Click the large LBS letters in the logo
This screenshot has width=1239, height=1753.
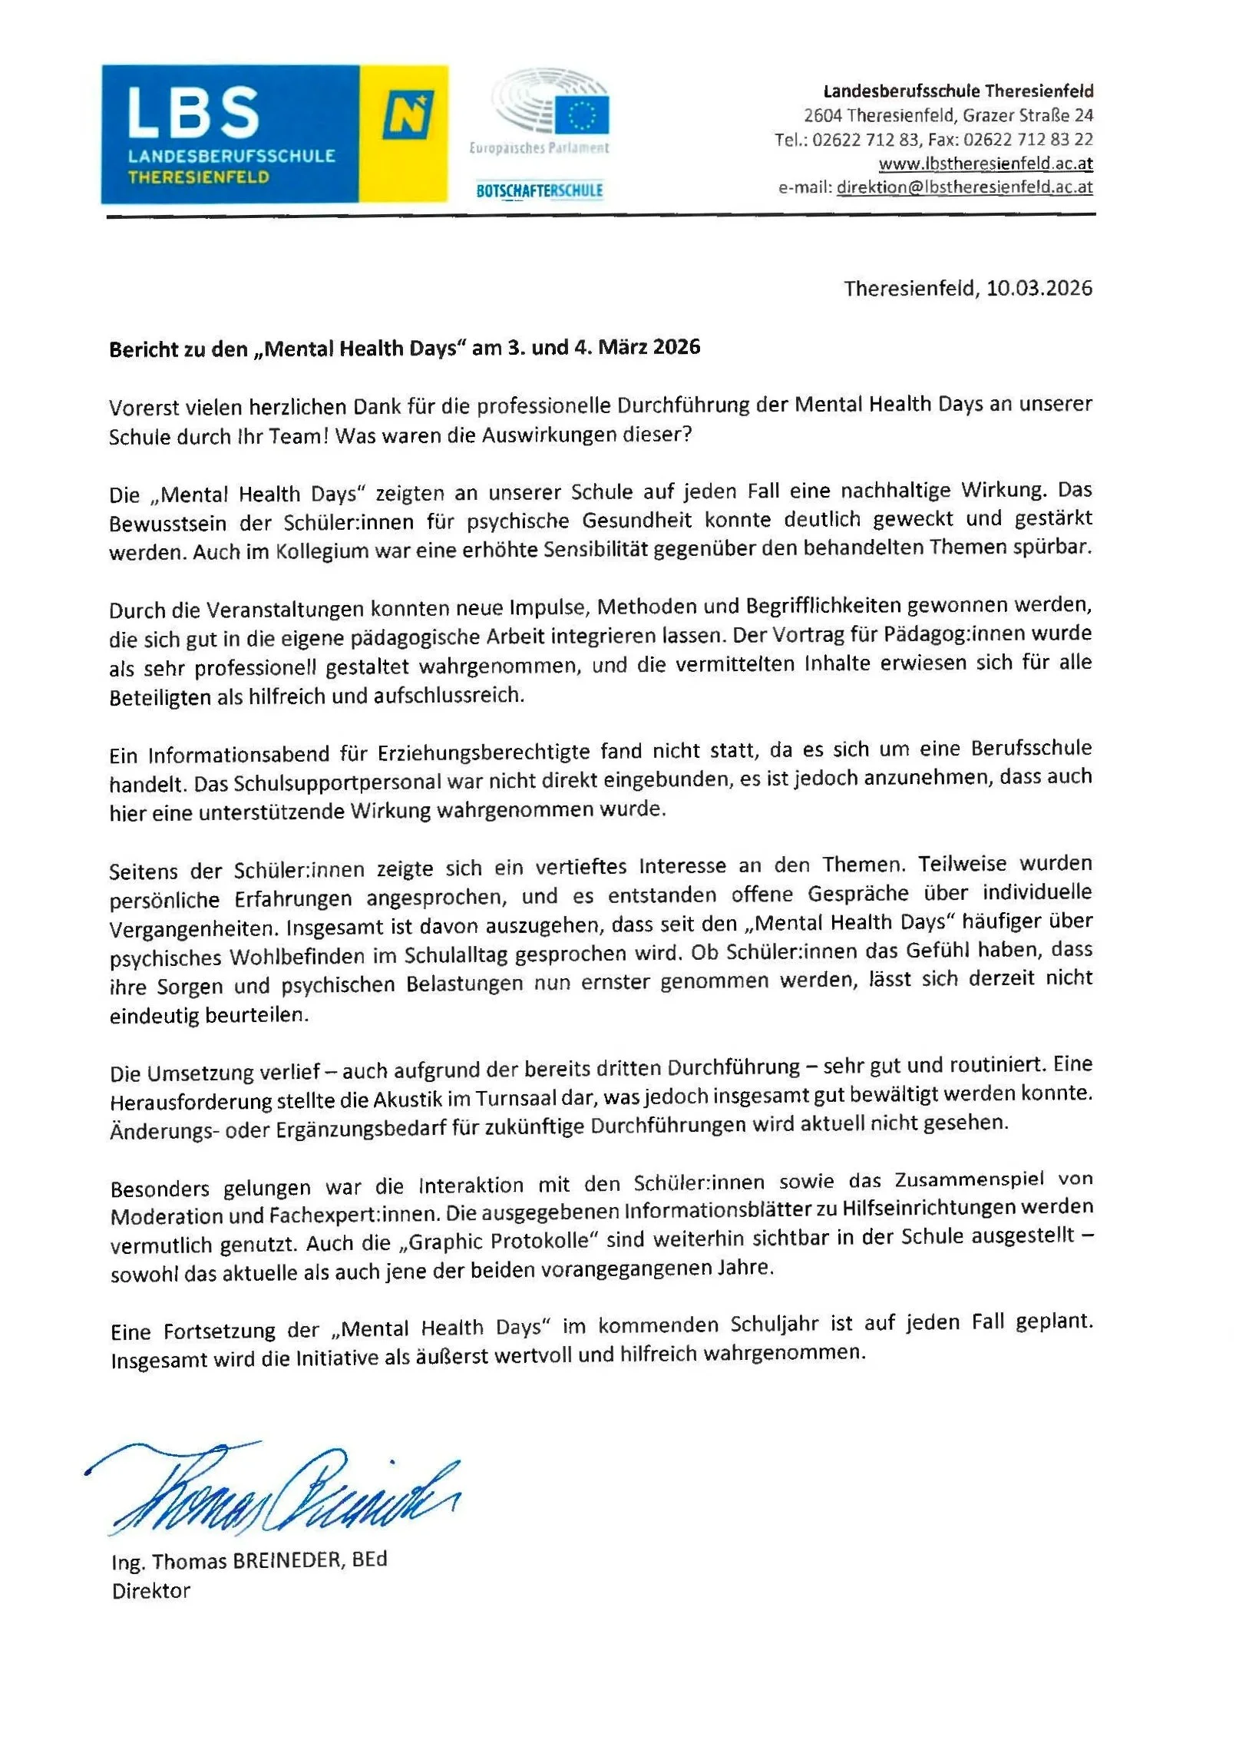point(193,112)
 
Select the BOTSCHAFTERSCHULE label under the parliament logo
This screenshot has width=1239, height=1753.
point(539,190)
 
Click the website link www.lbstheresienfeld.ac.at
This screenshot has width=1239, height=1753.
point(985,164)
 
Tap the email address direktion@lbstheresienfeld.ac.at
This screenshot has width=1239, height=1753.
point(964,187)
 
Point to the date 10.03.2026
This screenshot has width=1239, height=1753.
point(1039,289)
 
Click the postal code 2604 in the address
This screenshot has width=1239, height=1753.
point(822,116)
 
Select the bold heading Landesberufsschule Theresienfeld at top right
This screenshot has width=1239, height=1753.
point(958,91)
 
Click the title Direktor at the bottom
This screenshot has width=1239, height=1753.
point(151,1591)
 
